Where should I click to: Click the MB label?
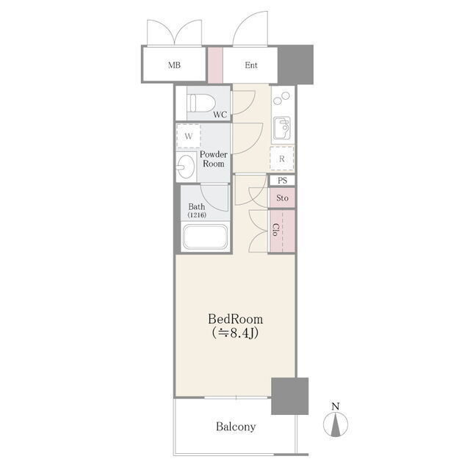click(174, 65)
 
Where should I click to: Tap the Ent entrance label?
click(251, 65)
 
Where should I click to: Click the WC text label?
click(220, 115)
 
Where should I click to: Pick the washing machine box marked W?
click(188, 136)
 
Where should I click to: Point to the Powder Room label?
click(214, 159)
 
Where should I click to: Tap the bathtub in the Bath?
click(206, 236)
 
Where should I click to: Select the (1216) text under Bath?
click(197, 215)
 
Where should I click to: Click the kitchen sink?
click(282, 129)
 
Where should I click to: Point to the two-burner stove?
click(282, 98)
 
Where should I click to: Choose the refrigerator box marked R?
click(282, 159)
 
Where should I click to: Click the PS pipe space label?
click(282, 181)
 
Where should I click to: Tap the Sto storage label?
click(282, 198)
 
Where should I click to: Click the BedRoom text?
click(236, 319)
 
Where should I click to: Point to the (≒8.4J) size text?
click(236, 333)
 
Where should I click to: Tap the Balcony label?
click(236, 427)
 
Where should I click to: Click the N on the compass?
click(336, 406)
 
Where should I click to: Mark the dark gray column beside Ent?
click(295, 65)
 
